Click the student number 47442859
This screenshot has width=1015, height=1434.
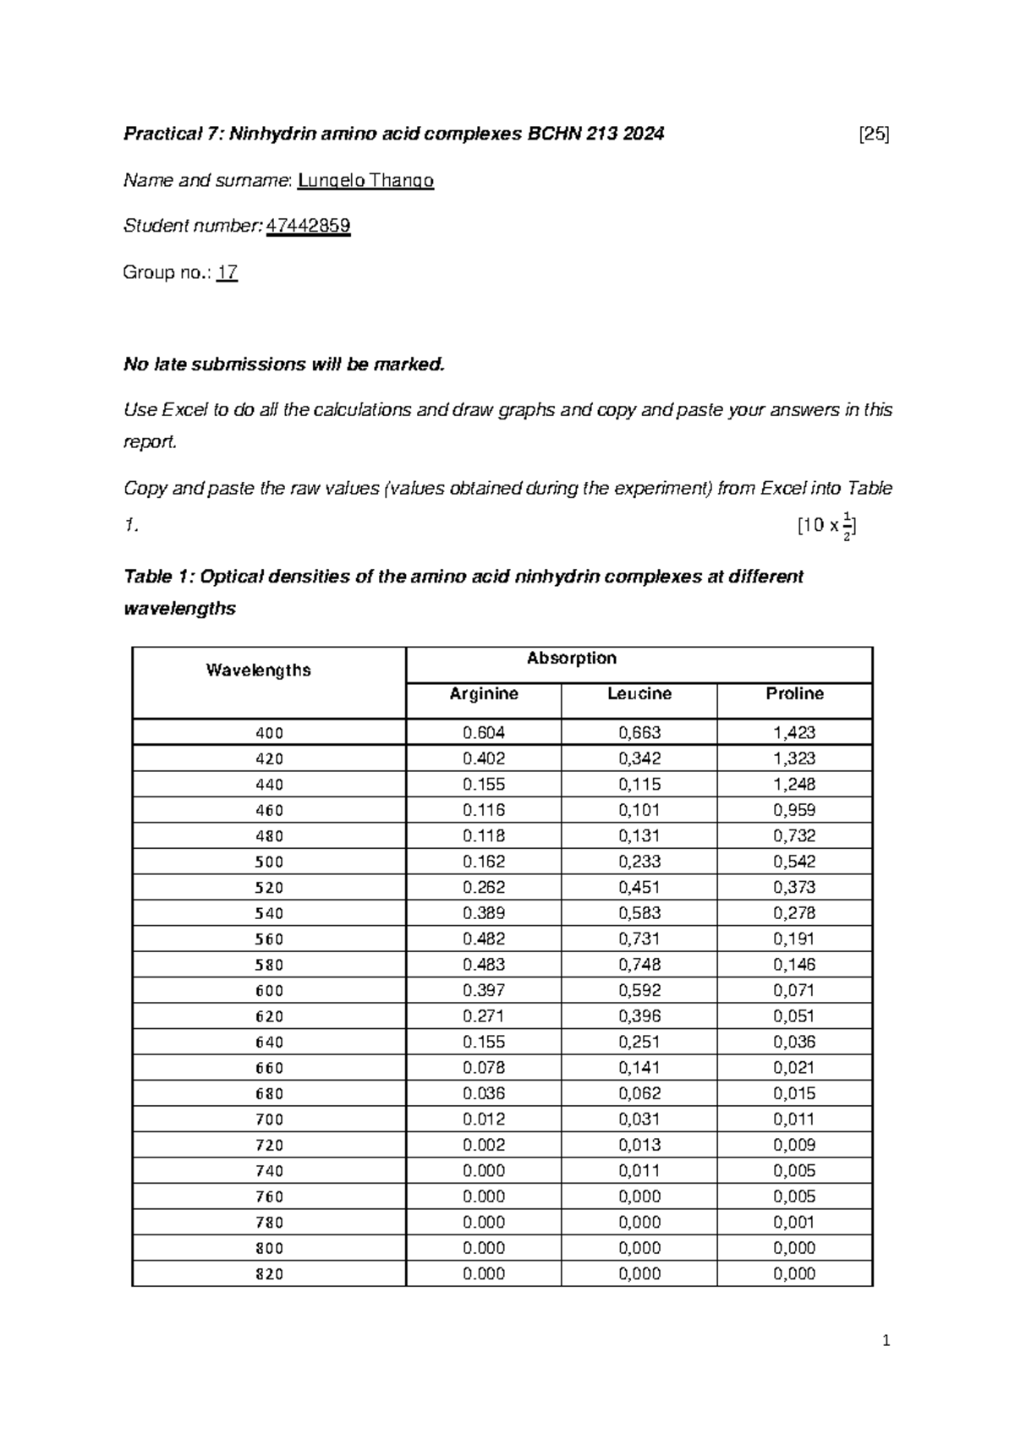point(308,226)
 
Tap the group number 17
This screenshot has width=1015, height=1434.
point(227,272)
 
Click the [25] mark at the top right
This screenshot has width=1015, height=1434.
point(873,134)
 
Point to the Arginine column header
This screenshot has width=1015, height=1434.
point(483,694)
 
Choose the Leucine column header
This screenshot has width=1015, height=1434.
point(639,694)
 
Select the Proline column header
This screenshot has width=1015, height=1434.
point(794,694)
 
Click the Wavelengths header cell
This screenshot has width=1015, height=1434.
point(258,670)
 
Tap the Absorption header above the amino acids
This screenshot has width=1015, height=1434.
point(571,659)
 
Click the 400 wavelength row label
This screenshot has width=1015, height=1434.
point(269,733)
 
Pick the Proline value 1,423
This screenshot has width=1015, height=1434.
point(794,733)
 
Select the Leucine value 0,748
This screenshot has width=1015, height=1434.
point(639,965)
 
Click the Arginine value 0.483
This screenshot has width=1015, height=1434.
point(483,965)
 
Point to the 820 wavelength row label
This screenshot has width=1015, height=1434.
point(269,1274)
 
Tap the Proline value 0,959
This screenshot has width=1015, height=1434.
point(794,810)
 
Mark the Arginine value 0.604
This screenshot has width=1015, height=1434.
point(483,733)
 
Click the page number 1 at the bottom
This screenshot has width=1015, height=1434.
point(886,1341)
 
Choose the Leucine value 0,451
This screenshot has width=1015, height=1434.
point(639,888)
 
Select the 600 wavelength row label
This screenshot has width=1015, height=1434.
point(269,991)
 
